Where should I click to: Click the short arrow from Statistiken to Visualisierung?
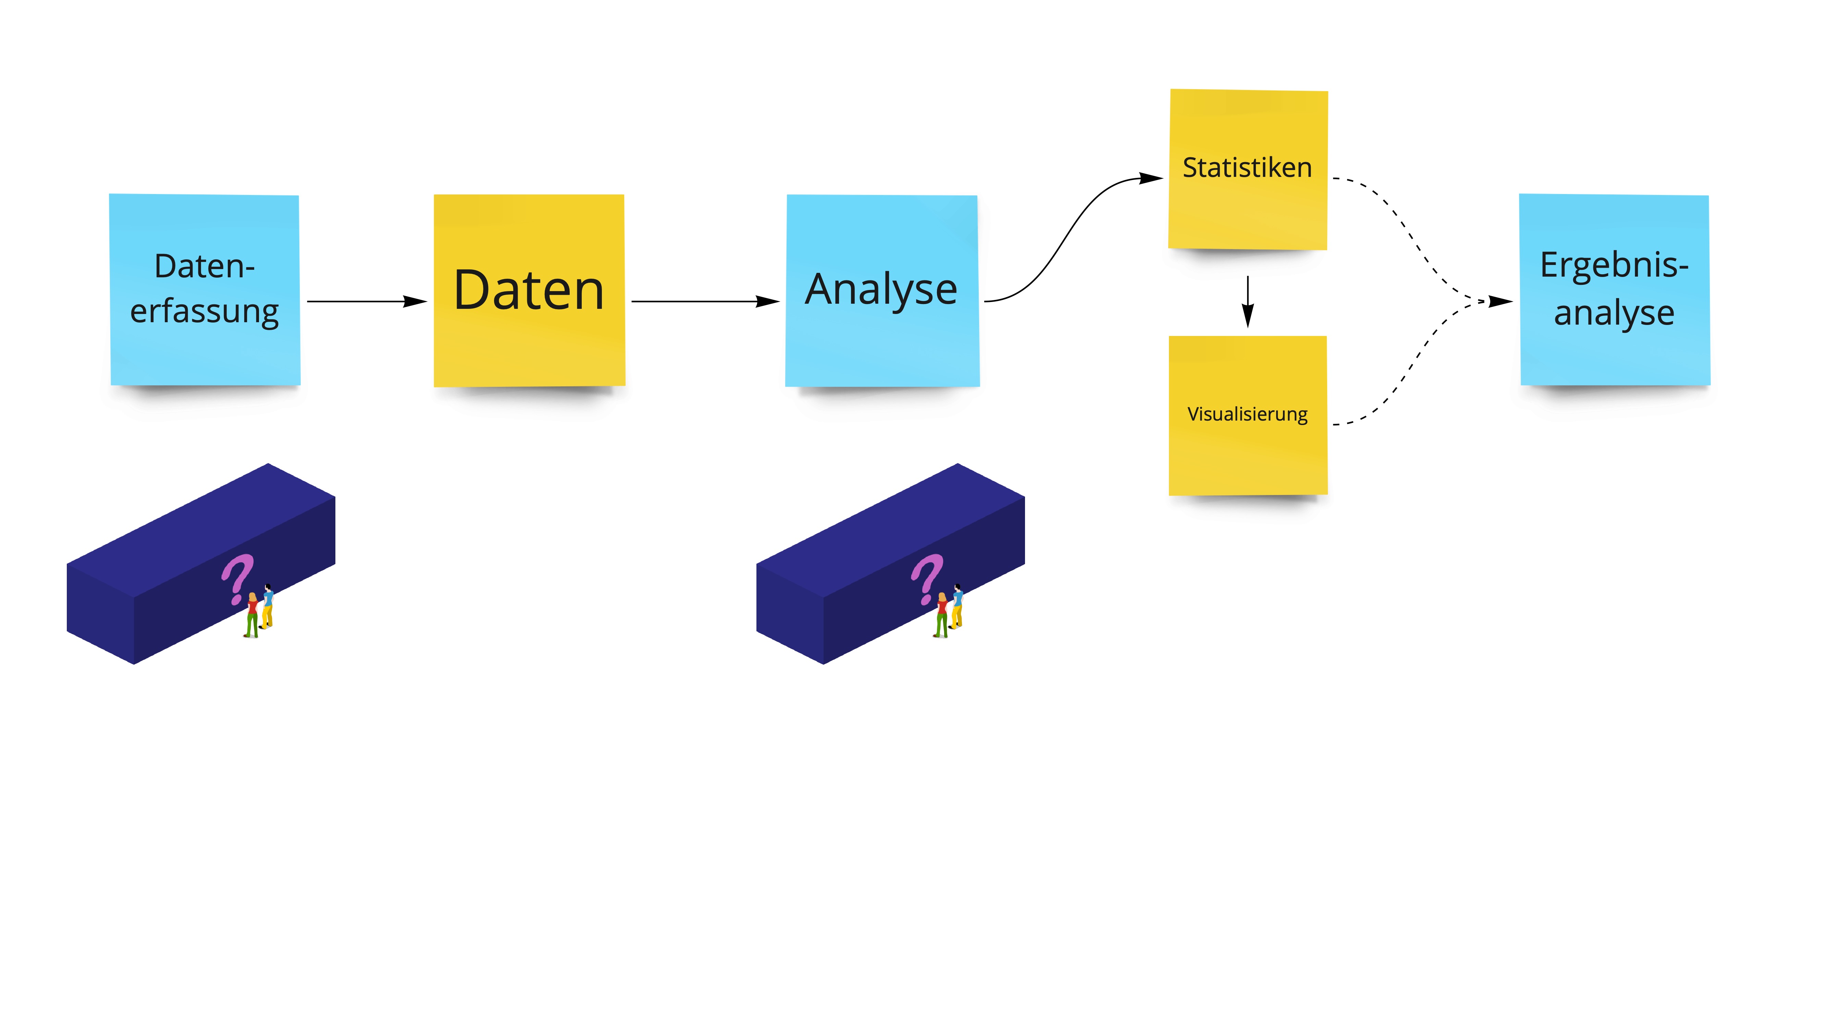(1248, 302)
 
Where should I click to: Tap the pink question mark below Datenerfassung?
(237, 578)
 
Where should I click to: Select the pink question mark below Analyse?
(926, 578)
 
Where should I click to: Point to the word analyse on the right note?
(1614, 313)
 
